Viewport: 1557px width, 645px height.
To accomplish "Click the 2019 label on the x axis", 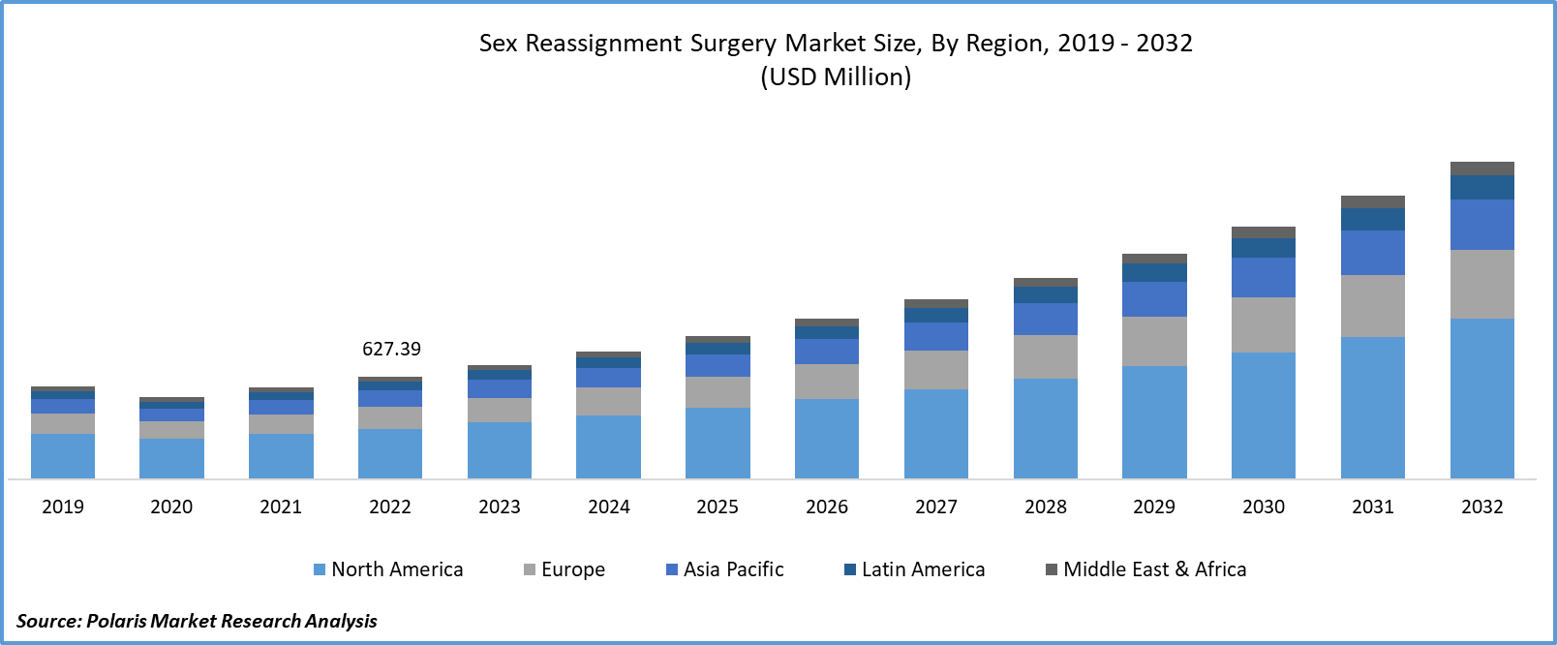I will pos(63,507).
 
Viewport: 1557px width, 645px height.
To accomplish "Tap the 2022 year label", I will pos(390,507).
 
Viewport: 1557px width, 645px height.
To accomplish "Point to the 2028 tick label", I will pos(1046,507).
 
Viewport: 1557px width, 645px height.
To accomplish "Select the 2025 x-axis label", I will pos(717,507).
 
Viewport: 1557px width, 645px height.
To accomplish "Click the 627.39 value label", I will pos(391,349).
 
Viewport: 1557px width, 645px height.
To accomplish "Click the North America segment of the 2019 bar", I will pos(63,455).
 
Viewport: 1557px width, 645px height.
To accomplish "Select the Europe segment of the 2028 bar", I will pos(1046,356).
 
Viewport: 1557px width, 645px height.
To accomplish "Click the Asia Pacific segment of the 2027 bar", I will pos(936,336).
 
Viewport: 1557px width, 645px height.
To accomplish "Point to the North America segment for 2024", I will pos(608,446).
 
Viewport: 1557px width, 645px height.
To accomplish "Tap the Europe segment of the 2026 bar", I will pos(827,382).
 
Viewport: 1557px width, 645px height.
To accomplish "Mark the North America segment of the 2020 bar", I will pos(171,458).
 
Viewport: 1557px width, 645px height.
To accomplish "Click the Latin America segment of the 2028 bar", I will pos(1046,294).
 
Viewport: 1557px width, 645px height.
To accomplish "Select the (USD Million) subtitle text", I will pos(836,77).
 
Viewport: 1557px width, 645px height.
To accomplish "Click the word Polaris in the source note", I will pos(116,621).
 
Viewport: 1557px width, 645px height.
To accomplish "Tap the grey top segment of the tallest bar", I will pos(1482,169).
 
